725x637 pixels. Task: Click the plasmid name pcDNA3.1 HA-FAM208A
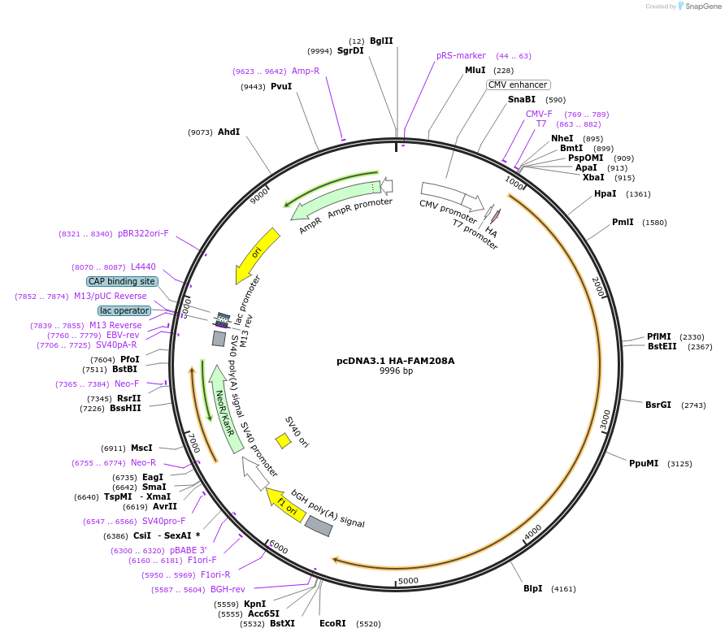coord(396,361)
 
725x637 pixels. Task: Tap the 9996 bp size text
coord(396,371)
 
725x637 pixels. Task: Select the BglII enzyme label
coord(381,41)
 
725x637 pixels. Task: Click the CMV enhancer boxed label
coord(519,84)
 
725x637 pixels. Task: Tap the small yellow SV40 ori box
coord(283,441)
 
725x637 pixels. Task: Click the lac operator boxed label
coord(124,310)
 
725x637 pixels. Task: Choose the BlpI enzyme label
coord(532,588)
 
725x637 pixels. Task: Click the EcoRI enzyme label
coord(332,624)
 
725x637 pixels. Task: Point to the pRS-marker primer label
coord(461,56)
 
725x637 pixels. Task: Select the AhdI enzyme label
coord(228,132)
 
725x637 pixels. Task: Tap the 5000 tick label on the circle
coord(408,580)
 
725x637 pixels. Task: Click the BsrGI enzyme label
coord(658,405)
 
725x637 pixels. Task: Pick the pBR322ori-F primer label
coord(143,234)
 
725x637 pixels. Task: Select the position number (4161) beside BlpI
coord(563,588)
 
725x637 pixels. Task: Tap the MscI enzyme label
coord(141,448)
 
